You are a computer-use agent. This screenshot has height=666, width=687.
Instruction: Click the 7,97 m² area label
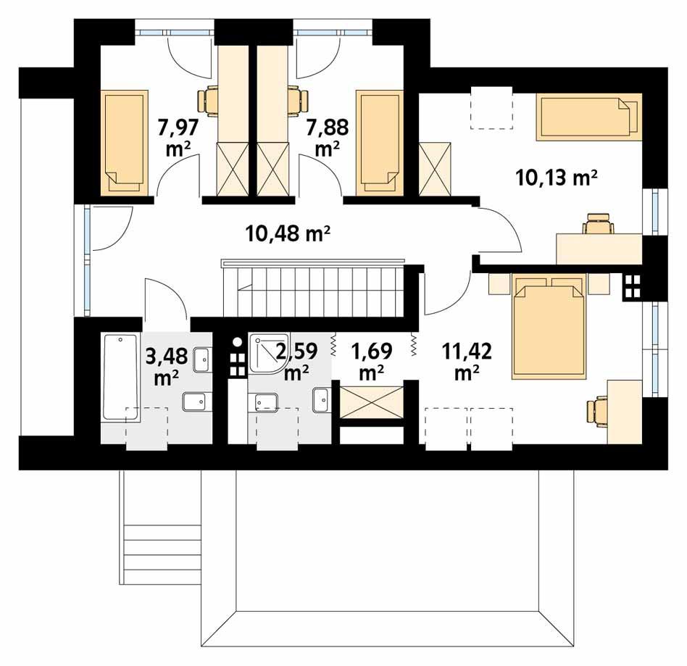point(179,138)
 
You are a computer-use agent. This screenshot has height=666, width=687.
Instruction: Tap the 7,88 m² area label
point(328,138)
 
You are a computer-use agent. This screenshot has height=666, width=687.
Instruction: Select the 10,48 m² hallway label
point(288,233)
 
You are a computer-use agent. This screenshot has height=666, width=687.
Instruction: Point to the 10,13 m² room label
point(557,178)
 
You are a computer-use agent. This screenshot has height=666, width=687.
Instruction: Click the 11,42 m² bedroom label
point(467,362)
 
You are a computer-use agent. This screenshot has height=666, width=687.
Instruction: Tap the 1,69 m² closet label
point(372,362)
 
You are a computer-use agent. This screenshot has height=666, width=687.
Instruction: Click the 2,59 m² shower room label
point(296,362)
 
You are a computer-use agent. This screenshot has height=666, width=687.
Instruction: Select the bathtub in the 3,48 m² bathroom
point(120,378)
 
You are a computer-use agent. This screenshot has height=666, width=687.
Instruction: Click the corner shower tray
point(268,353)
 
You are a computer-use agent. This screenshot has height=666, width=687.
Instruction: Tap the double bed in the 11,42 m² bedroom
point(549,326)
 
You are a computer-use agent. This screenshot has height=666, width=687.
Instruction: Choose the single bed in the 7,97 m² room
point(125,142)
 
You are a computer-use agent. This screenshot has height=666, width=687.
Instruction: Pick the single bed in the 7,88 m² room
point(380,142)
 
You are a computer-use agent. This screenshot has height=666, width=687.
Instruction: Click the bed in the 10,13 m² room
point(589,117)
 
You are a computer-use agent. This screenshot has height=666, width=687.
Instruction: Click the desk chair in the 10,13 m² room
point(598,223)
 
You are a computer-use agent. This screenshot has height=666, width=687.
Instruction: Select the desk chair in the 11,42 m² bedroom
point(596,411)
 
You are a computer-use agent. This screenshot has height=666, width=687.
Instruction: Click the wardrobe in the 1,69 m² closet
point(372,403)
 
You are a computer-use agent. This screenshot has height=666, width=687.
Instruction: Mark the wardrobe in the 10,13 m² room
point(435,169)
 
